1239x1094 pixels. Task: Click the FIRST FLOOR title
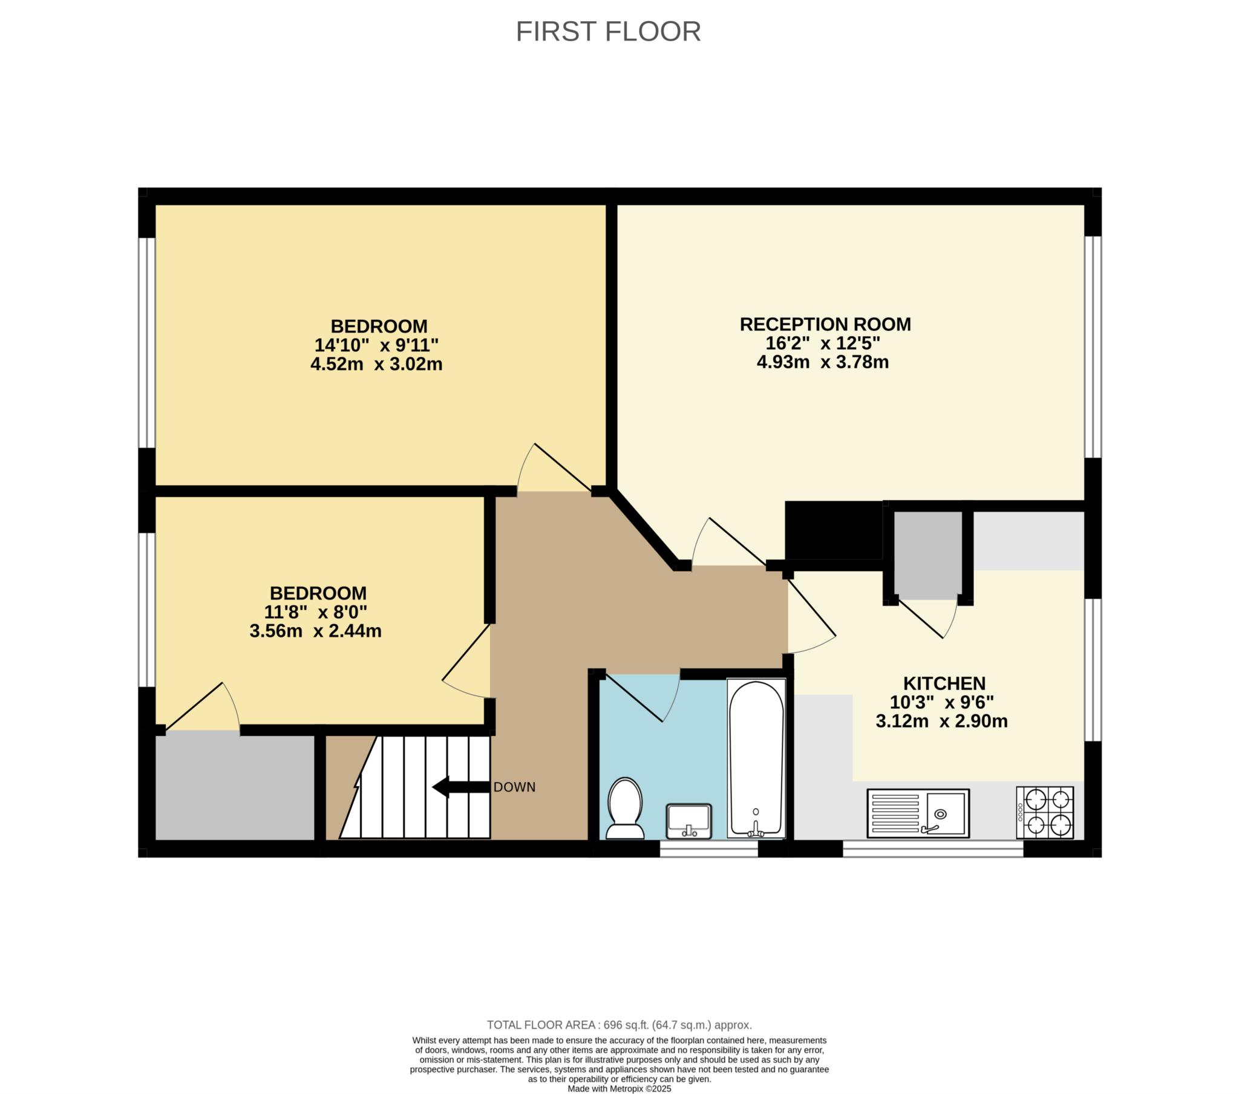(x=608, y=31)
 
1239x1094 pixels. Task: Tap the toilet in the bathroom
(x=625, y=809)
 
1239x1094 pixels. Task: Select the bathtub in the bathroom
(x=756, y=759)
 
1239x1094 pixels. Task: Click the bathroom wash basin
(x=688, y=821)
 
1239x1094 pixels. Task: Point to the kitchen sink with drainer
(x=918, y=813)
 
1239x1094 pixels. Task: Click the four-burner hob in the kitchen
(x=1045, y=813)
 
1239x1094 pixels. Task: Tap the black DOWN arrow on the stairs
(x=460, y=787)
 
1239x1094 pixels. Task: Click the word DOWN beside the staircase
(x=515, y=787)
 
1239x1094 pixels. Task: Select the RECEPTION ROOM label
(x=825, y=324)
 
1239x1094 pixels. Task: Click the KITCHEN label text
(x=944, y=683)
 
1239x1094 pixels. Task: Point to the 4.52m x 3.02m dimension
(x=376, y=364)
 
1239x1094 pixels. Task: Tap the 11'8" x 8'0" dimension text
(x=316, y=611)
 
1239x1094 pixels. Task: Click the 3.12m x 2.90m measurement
(x=942, y=721)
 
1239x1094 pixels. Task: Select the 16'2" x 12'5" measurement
(x=823, y=343)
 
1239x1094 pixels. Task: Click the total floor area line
(x=619, y=1025)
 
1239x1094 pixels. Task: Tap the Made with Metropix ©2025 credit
(x=619, y=1089)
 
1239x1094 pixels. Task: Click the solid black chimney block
(x=834, y=530)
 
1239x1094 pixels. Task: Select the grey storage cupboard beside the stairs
(x=235, y=786)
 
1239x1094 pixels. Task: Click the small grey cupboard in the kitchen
(x=928, y=555)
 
